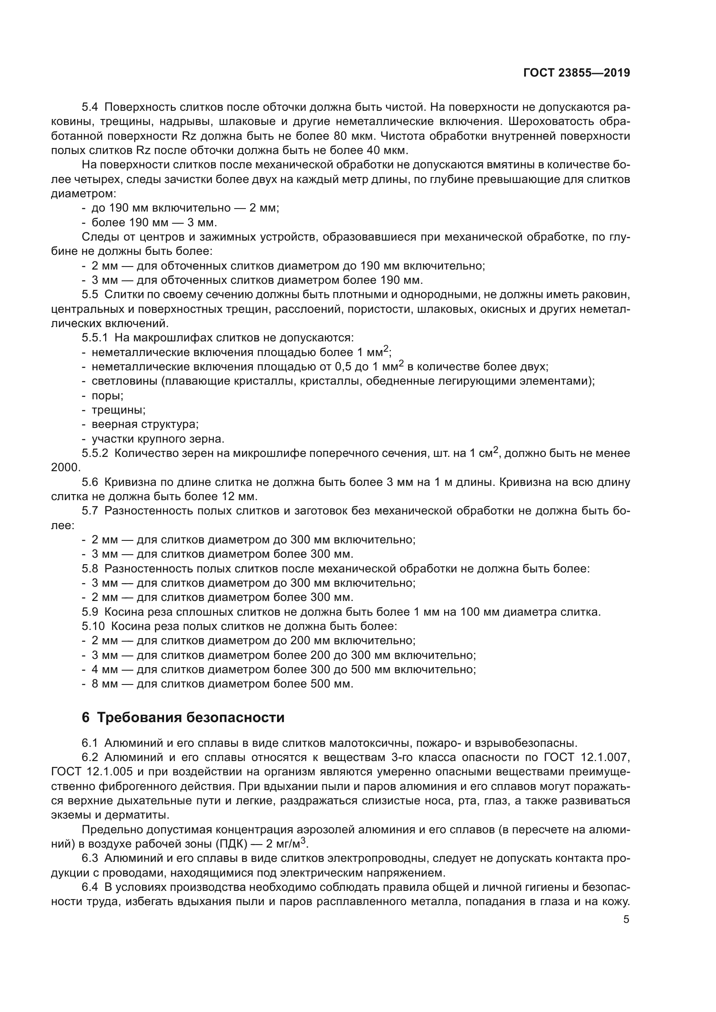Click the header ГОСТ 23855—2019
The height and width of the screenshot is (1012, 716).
577,73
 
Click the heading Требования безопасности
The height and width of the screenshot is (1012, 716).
190,717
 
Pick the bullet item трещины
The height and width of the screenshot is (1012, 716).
118,410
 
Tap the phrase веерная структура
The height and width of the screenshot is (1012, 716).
145,424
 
